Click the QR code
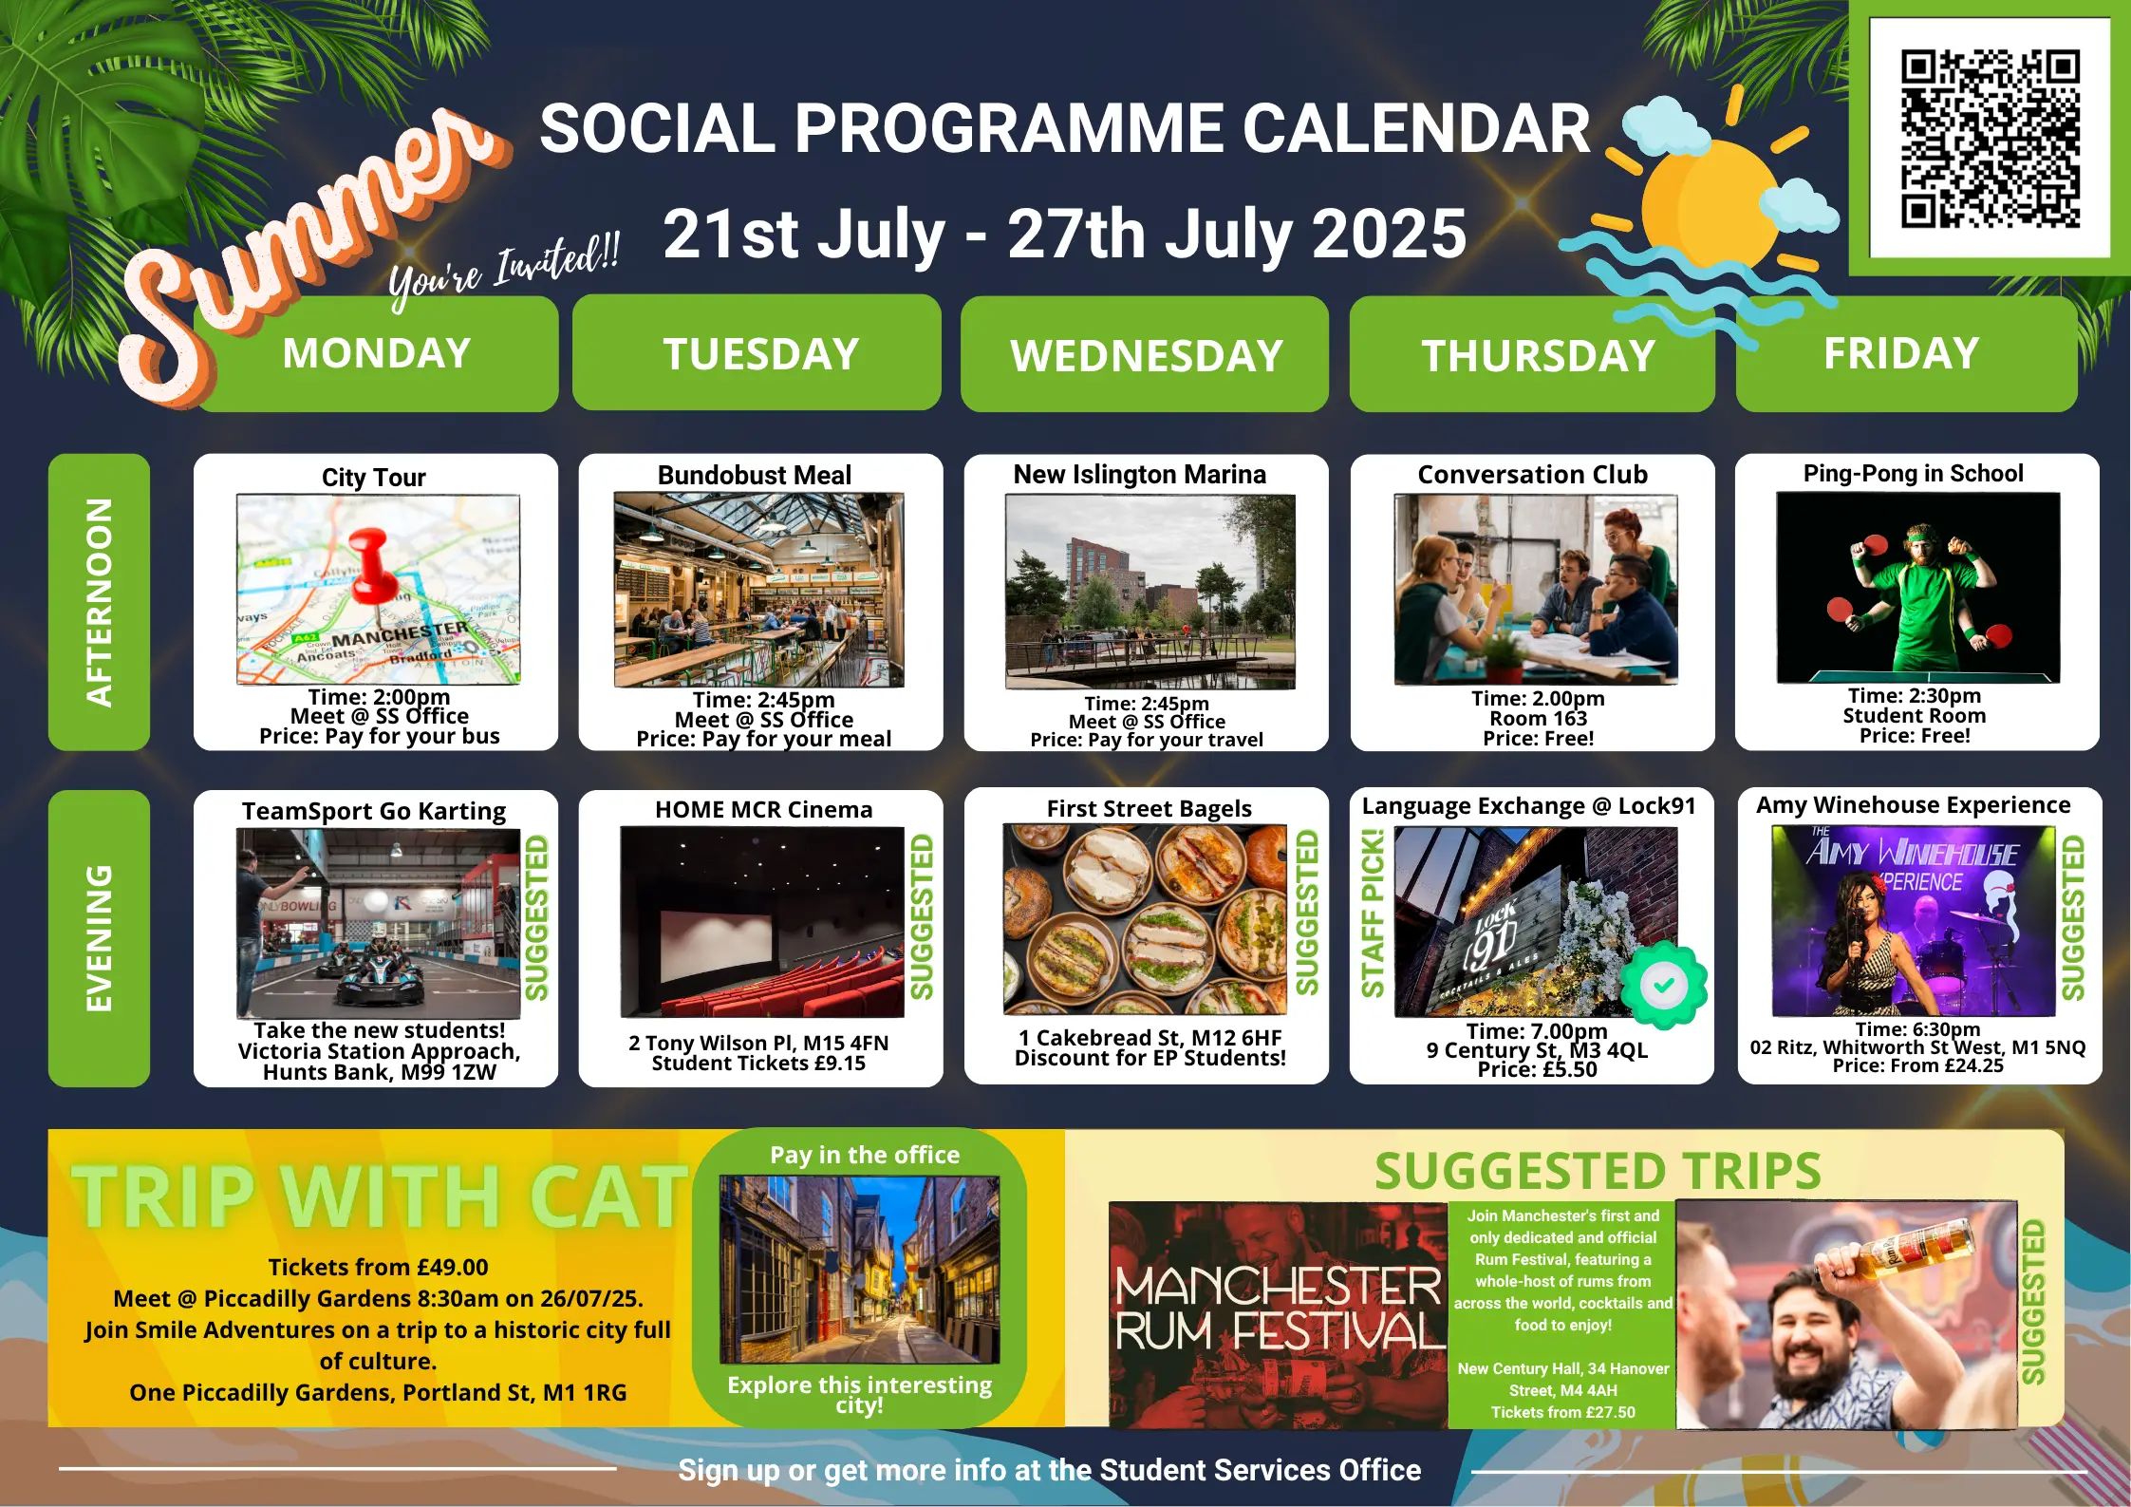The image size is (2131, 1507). pyautogui.click(x=1991, y=139)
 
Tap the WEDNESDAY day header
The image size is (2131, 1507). pyautogui.click(x=1145, y=354)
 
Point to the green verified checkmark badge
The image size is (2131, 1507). pyautogui.click(x=1663, y=986)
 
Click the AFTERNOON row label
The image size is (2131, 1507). pyautogui.click(x=99, y=602)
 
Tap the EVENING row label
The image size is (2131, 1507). pyautogui.click(x=99, y=938)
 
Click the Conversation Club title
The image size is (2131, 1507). pyautogui.click(x=1532, y=474)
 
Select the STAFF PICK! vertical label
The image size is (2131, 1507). pyautogui.click(x=1372, y=913)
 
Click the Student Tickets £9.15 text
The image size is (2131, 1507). pyautogui.click(x=758, y=1064)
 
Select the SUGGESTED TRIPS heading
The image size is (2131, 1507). pyautogui.click(x=1598, y=1171)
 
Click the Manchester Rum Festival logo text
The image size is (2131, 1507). pyautogui.click(x=1278, y=1309)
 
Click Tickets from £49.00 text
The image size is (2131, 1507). pyautogui.click(x=378, y=1267)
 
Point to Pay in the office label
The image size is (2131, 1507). pyautogui.click(x=865, y=1155)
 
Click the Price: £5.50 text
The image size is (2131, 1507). pyautogui.click(x=1537, y=1069)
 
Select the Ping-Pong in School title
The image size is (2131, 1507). pyautogui.click(x=1913, y=473)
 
